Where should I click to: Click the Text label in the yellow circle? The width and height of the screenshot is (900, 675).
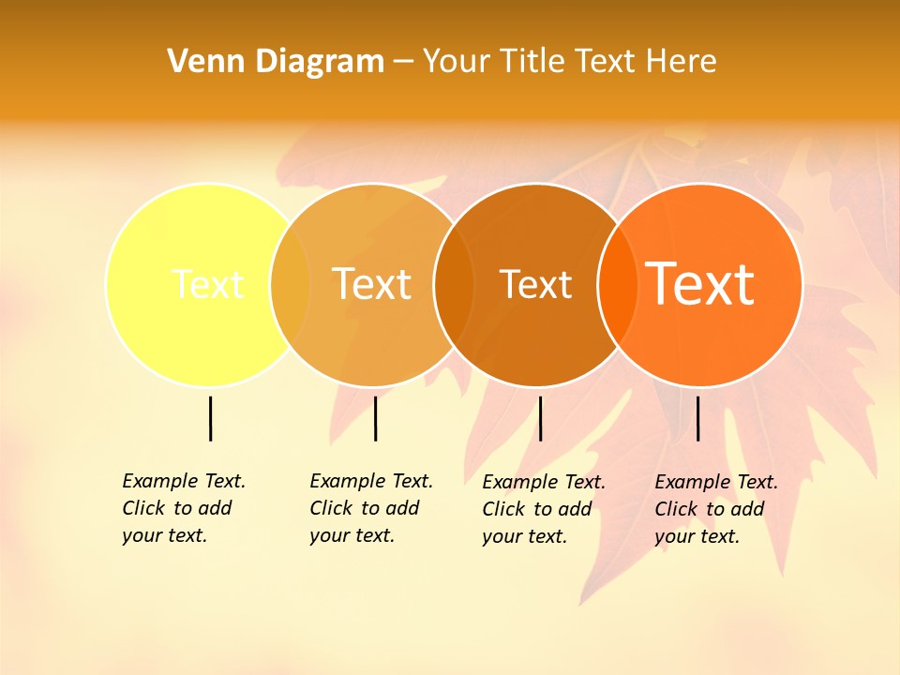207,283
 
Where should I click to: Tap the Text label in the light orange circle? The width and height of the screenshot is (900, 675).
372,283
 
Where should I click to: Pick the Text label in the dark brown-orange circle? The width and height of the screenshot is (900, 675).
535,284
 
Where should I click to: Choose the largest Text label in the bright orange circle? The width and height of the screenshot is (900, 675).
700,283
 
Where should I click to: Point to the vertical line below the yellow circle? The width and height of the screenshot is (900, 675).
210,418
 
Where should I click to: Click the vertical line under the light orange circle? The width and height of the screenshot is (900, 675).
375,418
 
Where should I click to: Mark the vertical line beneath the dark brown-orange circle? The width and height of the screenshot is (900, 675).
540,418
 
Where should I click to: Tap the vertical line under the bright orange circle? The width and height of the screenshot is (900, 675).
697,418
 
